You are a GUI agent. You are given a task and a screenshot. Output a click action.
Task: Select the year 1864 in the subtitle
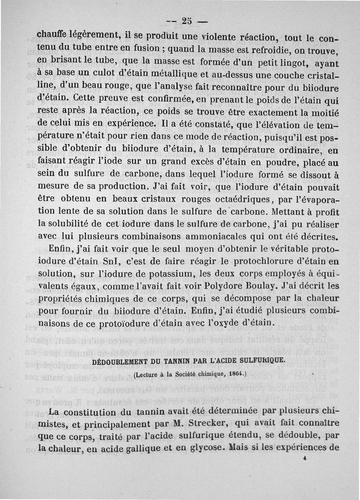point(233,374)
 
